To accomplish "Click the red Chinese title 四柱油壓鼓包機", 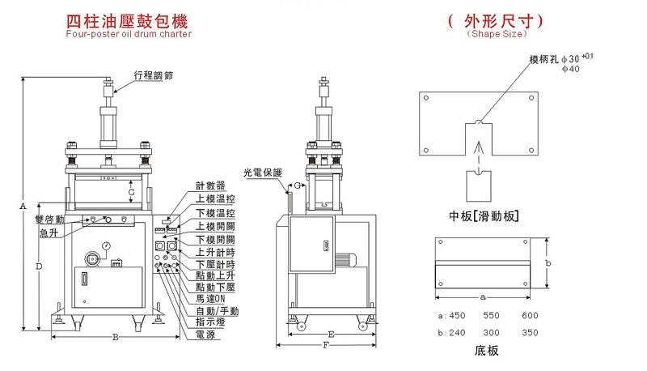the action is pyautogui.click(x=127, y=22).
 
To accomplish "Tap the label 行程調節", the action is pyautogui.click(x=154, y=75).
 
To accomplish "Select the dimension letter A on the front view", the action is pyautogui.click(x=23, y=205).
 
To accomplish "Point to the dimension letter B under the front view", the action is pyautogui.click(x=116, y=337).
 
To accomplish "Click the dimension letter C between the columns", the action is pyautogui.click(x=131, y=192).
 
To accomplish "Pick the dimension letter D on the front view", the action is pyautogui.click(x=39, y=267).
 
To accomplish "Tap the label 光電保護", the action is pyautogui.click(x=262, y=173).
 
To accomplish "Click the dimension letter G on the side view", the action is pyautogui.click(x=297, y=186).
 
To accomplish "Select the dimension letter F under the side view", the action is pyautogui.click(x=326, y=344).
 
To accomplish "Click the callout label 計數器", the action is pyautogui.click(x=210, y=185).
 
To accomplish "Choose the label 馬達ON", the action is pyautogui.click(x=210, y=298).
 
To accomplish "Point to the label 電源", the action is pyautogui.click(x=205, y=335).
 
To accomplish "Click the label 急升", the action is pyautogui.click(x=49, y=233).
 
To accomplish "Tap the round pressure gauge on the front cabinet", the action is pyautogui.click(x=106, y=245).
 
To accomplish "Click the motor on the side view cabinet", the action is pyautogui.click(x=345, y=260).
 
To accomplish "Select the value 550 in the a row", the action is pyautogui.click(x=491, y=316).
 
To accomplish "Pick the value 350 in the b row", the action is pyautogui.click(x=530, y=333).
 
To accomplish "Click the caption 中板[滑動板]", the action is pyautogui.click(x=484, y=216).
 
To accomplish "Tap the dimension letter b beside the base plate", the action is pyautogui.click(x=548, y=263).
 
